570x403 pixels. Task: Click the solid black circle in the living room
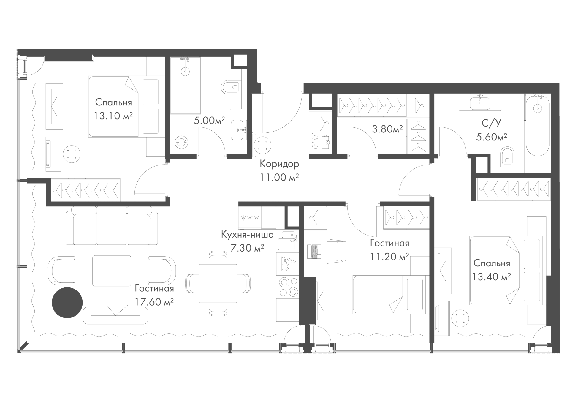pos(67,303)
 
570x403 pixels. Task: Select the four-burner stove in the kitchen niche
pos(287,286)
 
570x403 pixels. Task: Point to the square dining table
pos(218,283)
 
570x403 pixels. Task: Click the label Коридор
pos(279,164)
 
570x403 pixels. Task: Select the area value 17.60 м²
pos(154,302)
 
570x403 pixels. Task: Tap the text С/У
pos(492,123)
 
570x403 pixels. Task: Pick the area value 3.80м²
pos(387,129)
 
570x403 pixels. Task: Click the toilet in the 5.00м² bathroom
pos(230,87)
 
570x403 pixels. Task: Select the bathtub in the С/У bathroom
pos(537,125)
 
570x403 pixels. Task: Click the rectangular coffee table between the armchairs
pos(112,271)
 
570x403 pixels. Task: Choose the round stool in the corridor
pos(263,145)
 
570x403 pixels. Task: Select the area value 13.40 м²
pos(492,277)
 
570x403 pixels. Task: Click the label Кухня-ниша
pos(247,235)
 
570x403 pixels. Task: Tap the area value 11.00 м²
pos(279,177)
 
